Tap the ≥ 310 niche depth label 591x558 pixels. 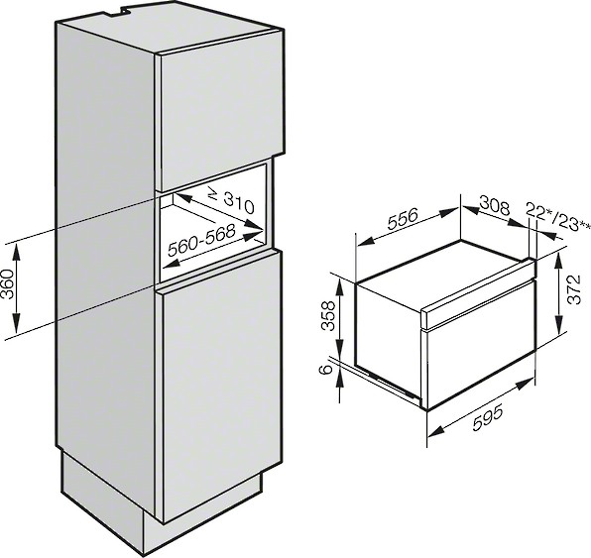[x=231, y=201]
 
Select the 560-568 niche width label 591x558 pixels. [x=202, y=240]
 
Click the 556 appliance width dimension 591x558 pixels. [x=403, y=220]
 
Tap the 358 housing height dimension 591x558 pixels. [x=328, y=315]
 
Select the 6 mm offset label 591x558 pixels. [x=326, y=370]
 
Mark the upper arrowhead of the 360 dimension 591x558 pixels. [x=16, y=251]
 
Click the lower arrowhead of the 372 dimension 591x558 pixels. [x=559, y=325]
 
